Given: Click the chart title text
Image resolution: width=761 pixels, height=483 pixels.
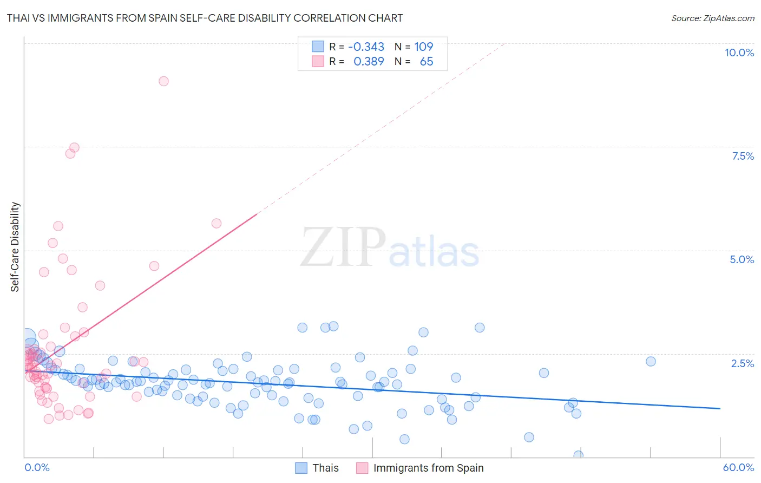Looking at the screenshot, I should pyautogui.click(x=205, y=18).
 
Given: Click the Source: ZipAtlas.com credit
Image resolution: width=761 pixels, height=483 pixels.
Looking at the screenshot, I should pyautogui.click(x=712, y=18).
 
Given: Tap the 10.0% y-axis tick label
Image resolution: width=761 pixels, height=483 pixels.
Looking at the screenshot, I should pyautogui.click(x=739, y=53).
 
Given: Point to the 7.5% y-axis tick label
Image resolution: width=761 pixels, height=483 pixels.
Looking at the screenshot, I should pyautogui.click(x=743, y=156).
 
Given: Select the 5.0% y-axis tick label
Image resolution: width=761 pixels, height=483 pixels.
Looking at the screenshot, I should pyautogui.click(x=742, y=259).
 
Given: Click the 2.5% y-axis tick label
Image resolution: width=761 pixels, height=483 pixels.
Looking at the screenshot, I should pyautogui.click(x=742, y=363).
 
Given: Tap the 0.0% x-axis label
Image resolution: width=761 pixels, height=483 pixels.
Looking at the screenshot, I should pyautogui.click(x=37, y=467).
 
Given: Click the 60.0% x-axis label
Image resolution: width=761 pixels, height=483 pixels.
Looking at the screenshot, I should pyautogui.click(x=738, y=467).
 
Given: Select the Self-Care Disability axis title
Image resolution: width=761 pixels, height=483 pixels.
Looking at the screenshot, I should pyautogui.click(x=15, y=247).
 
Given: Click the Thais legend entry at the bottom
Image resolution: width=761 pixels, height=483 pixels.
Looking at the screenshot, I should pyautogui.click(x=325, y=468).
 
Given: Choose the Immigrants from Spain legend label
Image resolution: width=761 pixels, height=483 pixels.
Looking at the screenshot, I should pyautogui.click(x=428, y=468).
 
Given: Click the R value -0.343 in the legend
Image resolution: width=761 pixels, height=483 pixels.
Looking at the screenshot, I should pyautogui.click(x=366, y=47).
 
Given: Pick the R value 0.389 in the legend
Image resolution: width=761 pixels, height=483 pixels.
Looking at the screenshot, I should pyautogui.click(x=369, y=62).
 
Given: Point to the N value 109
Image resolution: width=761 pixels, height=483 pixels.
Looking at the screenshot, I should pyautogui.click(x=424, y=47).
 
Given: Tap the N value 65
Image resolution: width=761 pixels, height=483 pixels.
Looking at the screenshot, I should pyautogui.click(x=427, y=62).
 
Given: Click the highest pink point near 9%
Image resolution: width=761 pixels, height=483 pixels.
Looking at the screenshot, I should pyautogui.click(x=163, y=81).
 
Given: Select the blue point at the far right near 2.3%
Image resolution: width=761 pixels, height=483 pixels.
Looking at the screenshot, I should pyautogui.click(x=651, y=361).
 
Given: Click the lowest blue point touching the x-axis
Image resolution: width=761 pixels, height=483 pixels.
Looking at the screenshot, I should pyautogui.click(x=578, y=455).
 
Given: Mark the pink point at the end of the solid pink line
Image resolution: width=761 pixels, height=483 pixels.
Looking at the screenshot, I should pyautogui.click(x=217, y=223).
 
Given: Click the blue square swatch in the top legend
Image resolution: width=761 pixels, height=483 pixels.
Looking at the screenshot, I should pyautogui.click(x=318, y=47).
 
